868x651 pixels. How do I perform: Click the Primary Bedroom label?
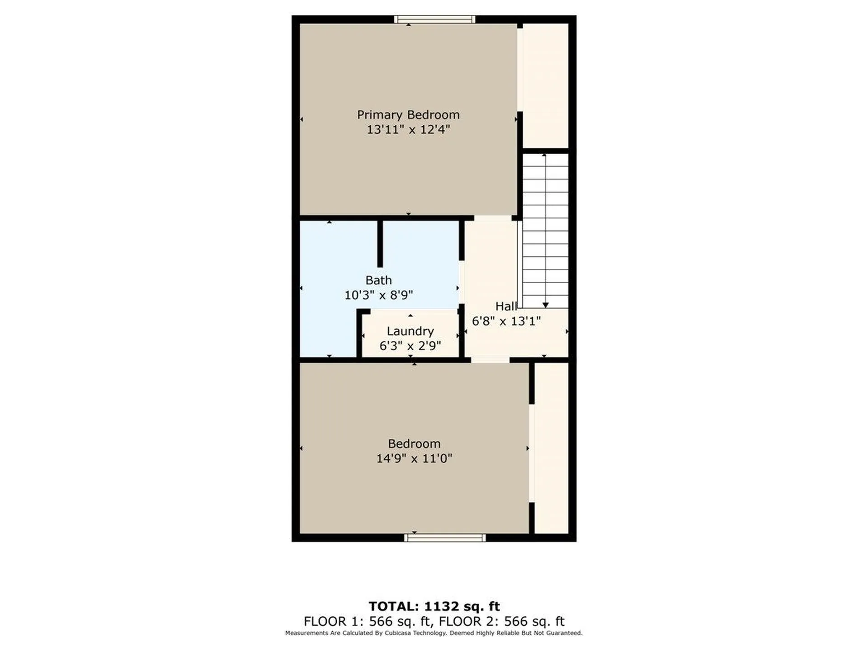408,115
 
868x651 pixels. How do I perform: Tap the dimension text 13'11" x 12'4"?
408,130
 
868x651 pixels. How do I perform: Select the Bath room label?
378,280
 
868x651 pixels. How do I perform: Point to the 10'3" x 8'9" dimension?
378,295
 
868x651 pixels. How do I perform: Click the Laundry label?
410,331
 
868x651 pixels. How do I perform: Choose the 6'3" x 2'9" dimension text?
410,346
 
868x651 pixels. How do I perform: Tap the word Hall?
505,307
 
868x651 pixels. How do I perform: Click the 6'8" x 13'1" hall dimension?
506,321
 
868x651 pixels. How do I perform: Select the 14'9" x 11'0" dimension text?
414,458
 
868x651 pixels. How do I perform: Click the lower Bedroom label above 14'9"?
414,443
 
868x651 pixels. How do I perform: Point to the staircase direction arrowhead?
545,305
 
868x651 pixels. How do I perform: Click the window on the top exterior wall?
434,19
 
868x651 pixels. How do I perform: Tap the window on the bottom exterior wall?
445,538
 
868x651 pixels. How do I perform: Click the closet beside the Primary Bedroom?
545,86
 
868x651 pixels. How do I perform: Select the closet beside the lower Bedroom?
551,448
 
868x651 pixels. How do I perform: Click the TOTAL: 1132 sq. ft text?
434,606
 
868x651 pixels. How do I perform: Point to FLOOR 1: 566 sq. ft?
368,621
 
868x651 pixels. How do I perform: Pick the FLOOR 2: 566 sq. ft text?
501,621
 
